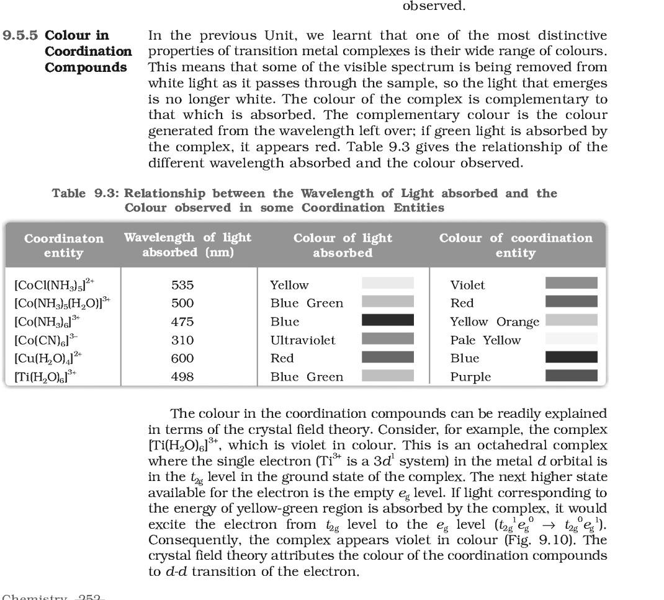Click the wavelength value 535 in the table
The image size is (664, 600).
[x=182, y=285]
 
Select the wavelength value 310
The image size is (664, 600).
[x=182, y=340]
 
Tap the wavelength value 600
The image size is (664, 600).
[x=182, y=358]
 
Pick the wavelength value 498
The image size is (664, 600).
[x=182, y=377]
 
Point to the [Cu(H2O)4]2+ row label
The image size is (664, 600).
[x=48, y=358]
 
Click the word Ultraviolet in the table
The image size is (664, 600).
[x=303, y=340]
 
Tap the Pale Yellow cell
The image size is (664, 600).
[x=485, y=340]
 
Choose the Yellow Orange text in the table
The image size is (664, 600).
[x=495, y=322]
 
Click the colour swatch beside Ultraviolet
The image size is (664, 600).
[x=387, y=338]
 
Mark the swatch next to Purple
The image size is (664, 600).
[x=571, y=376]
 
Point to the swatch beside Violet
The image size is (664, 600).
[x=571, y=283]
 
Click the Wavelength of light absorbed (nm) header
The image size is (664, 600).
[x=188, y=245]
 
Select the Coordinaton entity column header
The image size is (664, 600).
[x=63, y=245]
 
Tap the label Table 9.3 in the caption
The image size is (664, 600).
[x=85, y=193]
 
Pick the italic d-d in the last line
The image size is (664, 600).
[x=176, y=571]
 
